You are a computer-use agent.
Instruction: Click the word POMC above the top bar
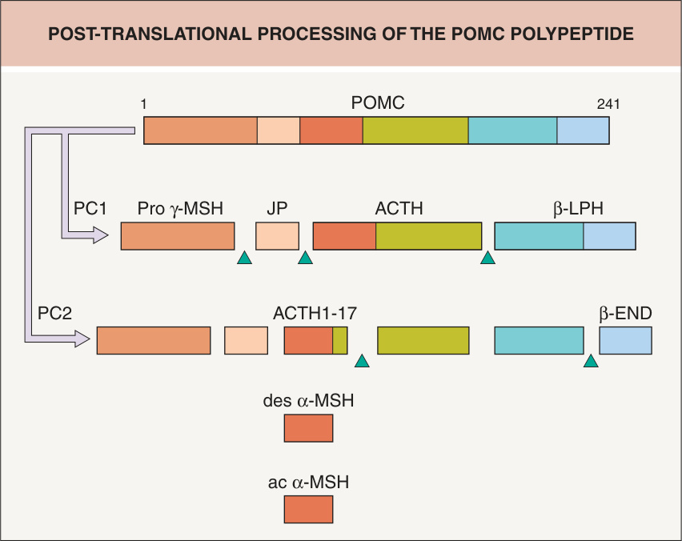pyautogui.click(x=378, y=103)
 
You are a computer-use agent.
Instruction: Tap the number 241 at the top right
pyautogui.click(x=608, y=104)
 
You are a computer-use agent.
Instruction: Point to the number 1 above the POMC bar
pyautogui.click(x=143, y=104)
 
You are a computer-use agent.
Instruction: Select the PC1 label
pyautogui.click(x=90, y=209)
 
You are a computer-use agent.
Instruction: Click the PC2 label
pyautogui.click(x=54, y=314)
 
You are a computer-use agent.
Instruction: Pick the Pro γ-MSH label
pyautogui.click(x=180, y=209)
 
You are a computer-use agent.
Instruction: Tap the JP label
pyautogui.click(x=277, y=209)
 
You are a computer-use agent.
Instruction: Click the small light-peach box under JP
pyautogui.click(x=278, y=236)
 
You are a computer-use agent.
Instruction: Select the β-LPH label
pyautogui.click(x=578, y=209)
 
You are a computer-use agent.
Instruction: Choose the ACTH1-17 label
pyautogui.click(x=315, y=314)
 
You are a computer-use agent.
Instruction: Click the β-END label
pyautogui.click(x=625, y=314)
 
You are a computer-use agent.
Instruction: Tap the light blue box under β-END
pyautogui.click(x=625, y=340)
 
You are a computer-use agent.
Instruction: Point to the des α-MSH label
pyautogui.click(x=308, y=400)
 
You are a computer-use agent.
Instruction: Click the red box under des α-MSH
pyautogui.click(x=308, y=428)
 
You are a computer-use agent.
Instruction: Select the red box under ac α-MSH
pyautogui.click(x=308, y=509)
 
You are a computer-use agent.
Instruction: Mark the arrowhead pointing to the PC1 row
pyautogui.click(x=101, y=236)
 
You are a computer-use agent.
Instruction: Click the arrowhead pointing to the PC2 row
pyautogui.click(x=82, y=339)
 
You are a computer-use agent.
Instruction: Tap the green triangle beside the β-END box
pyautogui.click(x=591, y=361)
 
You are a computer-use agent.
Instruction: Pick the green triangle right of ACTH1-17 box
pyautogui.click(x=362, y=361)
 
